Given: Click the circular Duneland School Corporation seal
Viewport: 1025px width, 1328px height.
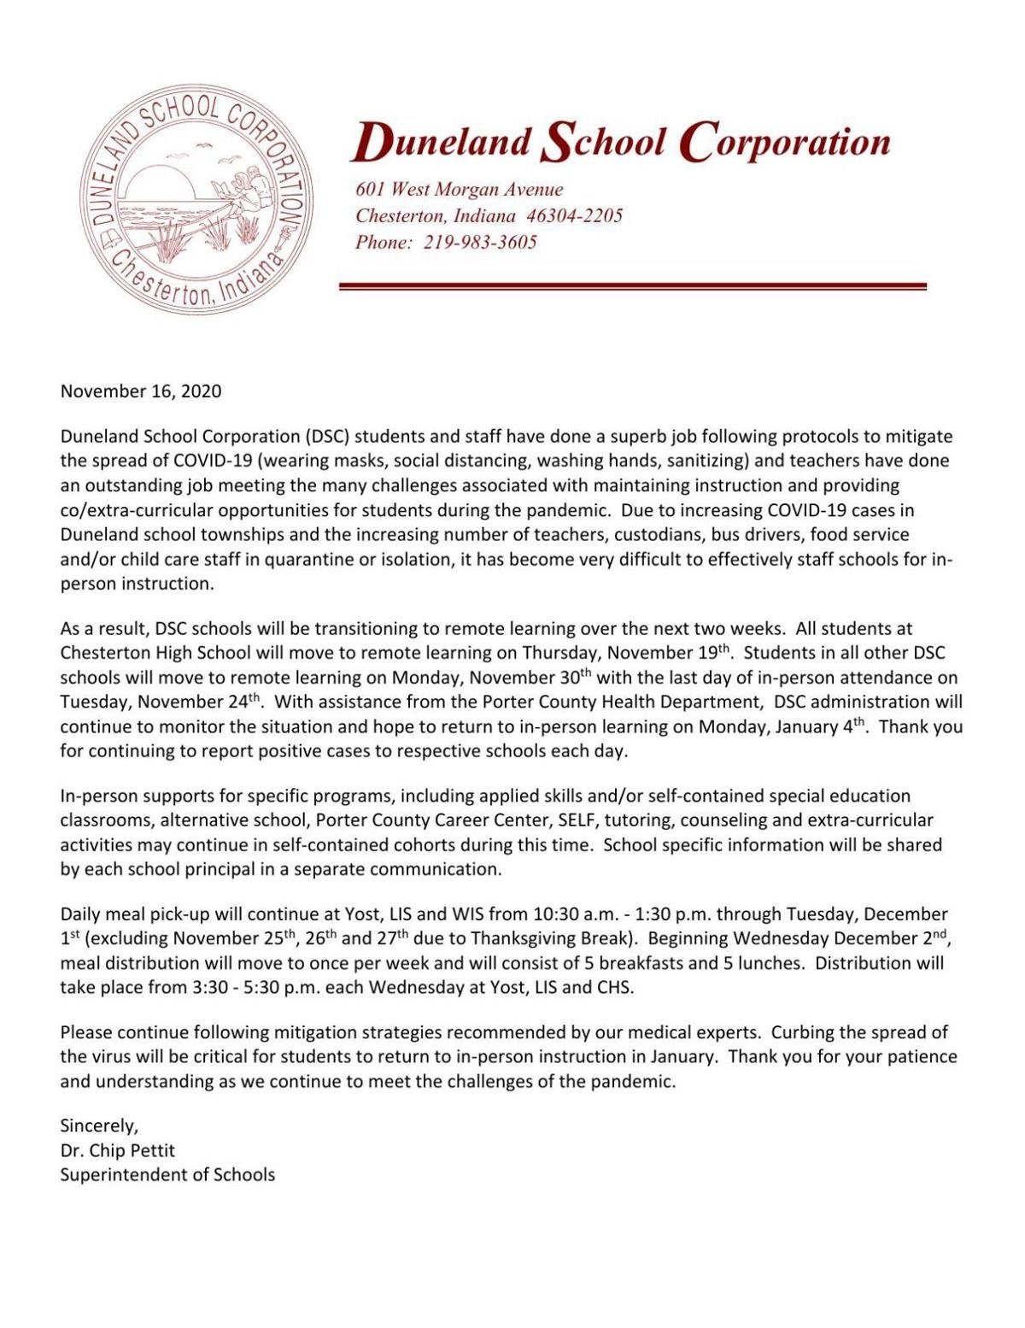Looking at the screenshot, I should pos(198,201).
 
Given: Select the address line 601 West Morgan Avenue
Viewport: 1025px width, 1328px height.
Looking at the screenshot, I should pos(460,190).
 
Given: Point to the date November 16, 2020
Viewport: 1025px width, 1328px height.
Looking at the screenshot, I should pos(141,391).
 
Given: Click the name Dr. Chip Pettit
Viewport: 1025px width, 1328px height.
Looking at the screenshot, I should pos(117,1150).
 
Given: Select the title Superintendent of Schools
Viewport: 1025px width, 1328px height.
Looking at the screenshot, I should pos(167,1175).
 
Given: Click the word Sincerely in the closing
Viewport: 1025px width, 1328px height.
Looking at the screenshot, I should pos(98,1125).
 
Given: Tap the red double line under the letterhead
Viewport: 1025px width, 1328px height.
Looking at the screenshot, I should pos(633,286).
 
